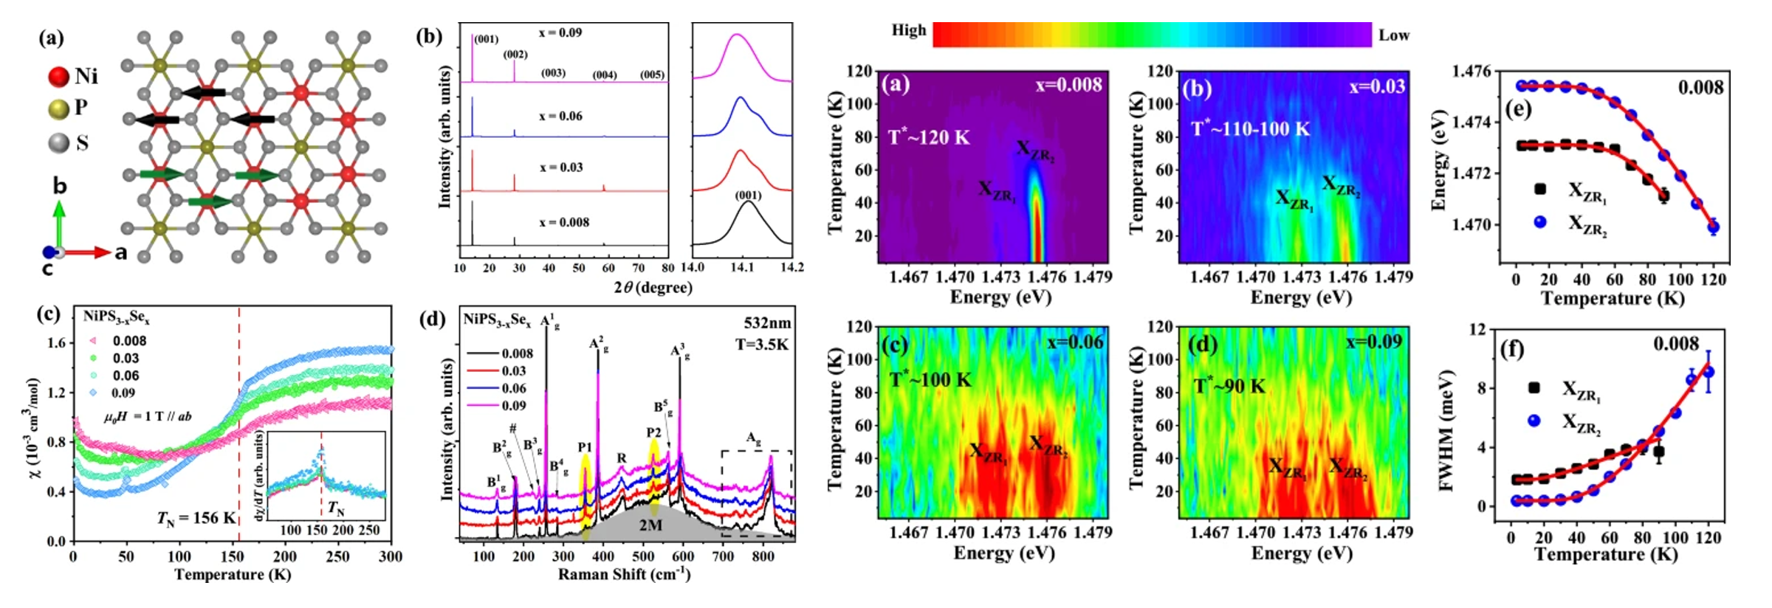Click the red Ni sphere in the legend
[58, 76]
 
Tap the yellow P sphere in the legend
[58, 109]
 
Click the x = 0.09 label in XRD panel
[560, 33]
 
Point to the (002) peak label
[515, 55]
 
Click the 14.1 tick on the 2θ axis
[742, 267]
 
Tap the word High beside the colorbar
[908, 30]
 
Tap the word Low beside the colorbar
[1394, 35]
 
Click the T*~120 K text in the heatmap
[929, 137]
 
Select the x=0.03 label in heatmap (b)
[1377, 86]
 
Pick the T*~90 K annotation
[1229, 386]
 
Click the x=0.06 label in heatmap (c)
[1075, 342]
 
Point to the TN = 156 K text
[196, 518]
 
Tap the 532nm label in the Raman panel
[767, 323]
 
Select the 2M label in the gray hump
[650, 525]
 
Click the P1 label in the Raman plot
[585, 447]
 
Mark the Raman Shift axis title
[624, 574]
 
